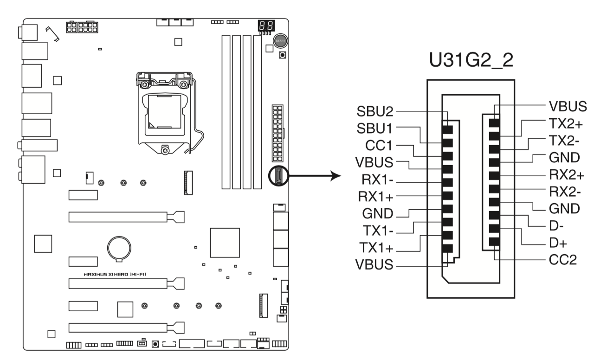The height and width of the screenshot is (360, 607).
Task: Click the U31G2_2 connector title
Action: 471,60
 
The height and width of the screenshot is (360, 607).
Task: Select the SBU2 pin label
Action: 375,111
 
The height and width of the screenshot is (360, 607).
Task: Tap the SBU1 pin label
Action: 375,129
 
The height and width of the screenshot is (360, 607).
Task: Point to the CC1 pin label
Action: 379,146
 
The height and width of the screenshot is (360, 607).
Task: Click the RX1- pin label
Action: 377,180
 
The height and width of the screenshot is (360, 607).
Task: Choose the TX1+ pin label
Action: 376,248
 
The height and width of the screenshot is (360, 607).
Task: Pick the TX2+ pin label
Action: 566,123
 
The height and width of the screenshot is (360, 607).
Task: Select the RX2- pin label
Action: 565,192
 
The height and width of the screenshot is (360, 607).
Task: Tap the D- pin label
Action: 556,225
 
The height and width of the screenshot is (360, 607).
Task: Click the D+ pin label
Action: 558,243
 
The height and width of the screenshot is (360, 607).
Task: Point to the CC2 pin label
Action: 563,260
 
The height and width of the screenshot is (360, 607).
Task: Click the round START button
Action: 280,41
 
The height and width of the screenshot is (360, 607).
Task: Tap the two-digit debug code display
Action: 266,26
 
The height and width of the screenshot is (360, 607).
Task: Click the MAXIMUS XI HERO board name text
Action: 115,274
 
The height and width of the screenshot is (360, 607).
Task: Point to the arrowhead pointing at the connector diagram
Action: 336,176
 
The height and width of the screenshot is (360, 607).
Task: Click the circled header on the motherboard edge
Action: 278,176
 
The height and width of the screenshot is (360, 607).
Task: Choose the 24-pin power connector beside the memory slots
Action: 278,133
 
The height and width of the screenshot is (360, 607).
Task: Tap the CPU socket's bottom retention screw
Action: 165,150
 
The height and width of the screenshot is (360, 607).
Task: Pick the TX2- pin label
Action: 564,141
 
